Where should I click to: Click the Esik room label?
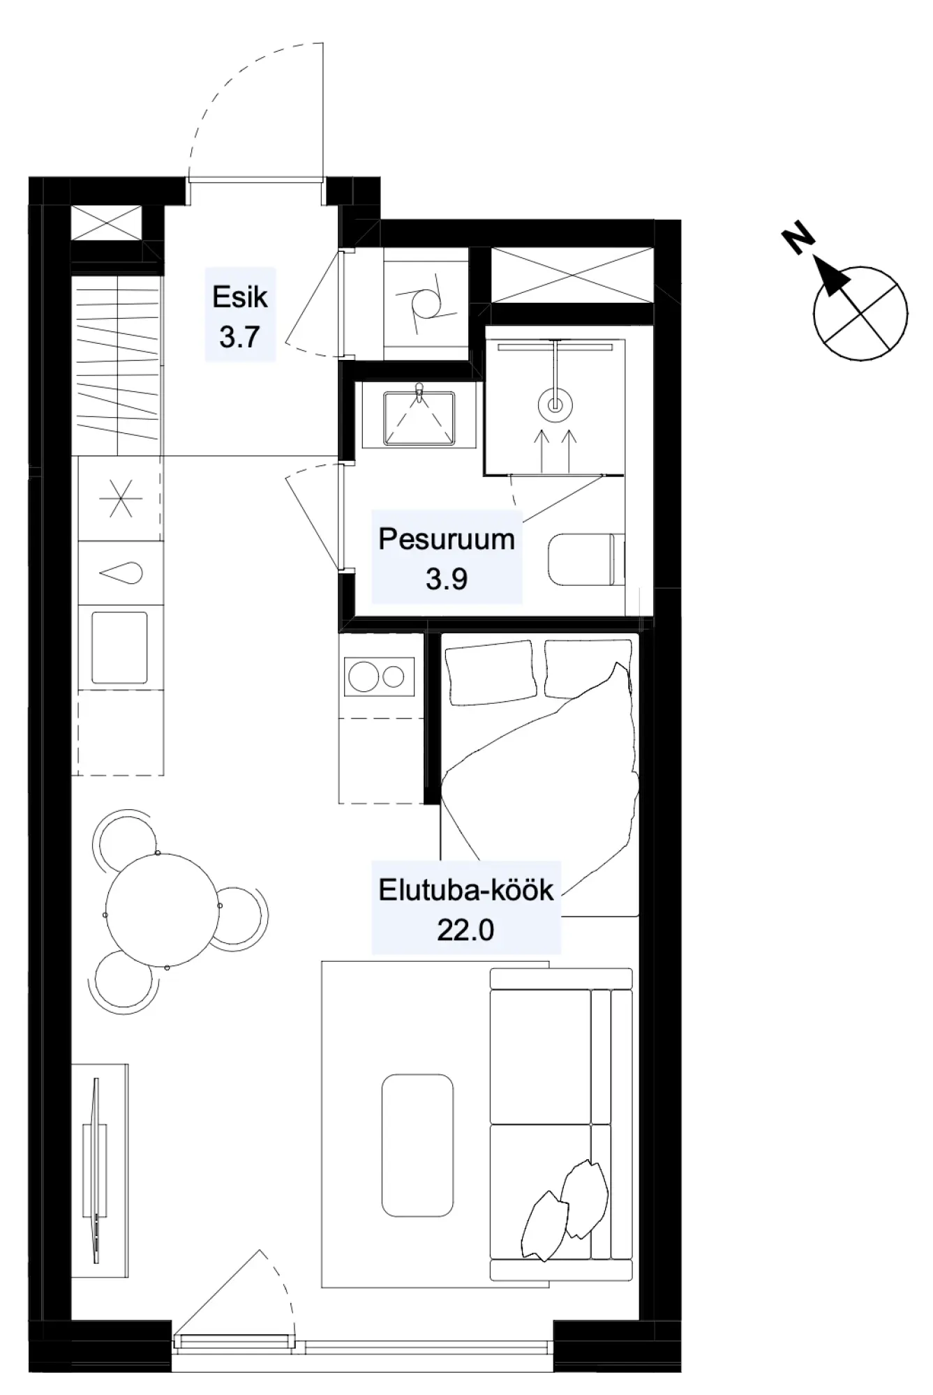240,297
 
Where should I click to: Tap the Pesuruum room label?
447,539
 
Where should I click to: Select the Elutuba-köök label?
466,890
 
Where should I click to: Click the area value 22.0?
465,930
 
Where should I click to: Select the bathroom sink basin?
419,418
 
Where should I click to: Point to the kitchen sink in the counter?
120,648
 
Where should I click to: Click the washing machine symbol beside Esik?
426,304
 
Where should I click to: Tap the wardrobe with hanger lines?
117,365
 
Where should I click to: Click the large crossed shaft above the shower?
572,275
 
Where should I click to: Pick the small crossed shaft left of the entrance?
107,224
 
